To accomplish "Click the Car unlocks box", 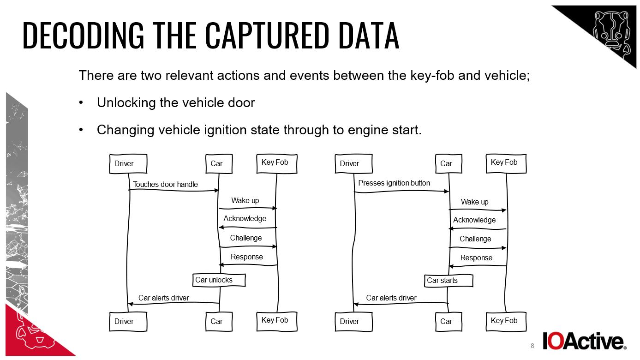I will pos(219,280).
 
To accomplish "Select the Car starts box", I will pos(449,280).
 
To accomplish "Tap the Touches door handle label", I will pos(165,185).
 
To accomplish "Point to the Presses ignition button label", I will pos(394,183).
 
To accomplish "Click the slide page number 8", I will pos(532,346).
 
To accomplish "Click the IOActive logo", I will pos(584,341).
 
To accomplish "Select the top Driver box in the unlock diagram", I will pos(128,164).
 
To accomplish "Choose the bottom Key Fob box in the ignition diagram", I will pos(506,321).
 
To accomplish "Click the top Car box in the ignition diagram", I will pos(447,164).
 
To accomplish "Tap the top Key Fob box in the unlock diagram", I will pos(276,163).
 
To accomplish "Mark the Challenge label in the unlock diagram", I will pos(246,238).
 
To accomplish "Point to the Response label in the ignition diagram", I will pos(476,258).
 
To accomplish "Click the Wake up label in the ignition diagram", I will pos(474,202).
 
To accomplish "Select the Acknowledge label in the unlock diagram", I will pos(245,219).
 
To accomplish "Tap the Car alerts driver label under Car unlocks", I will pos(164,298).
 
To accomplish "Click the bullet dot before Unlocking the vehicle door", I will pos(81,103).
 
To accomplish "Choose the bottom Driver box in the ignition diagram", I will pos(353,322).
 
